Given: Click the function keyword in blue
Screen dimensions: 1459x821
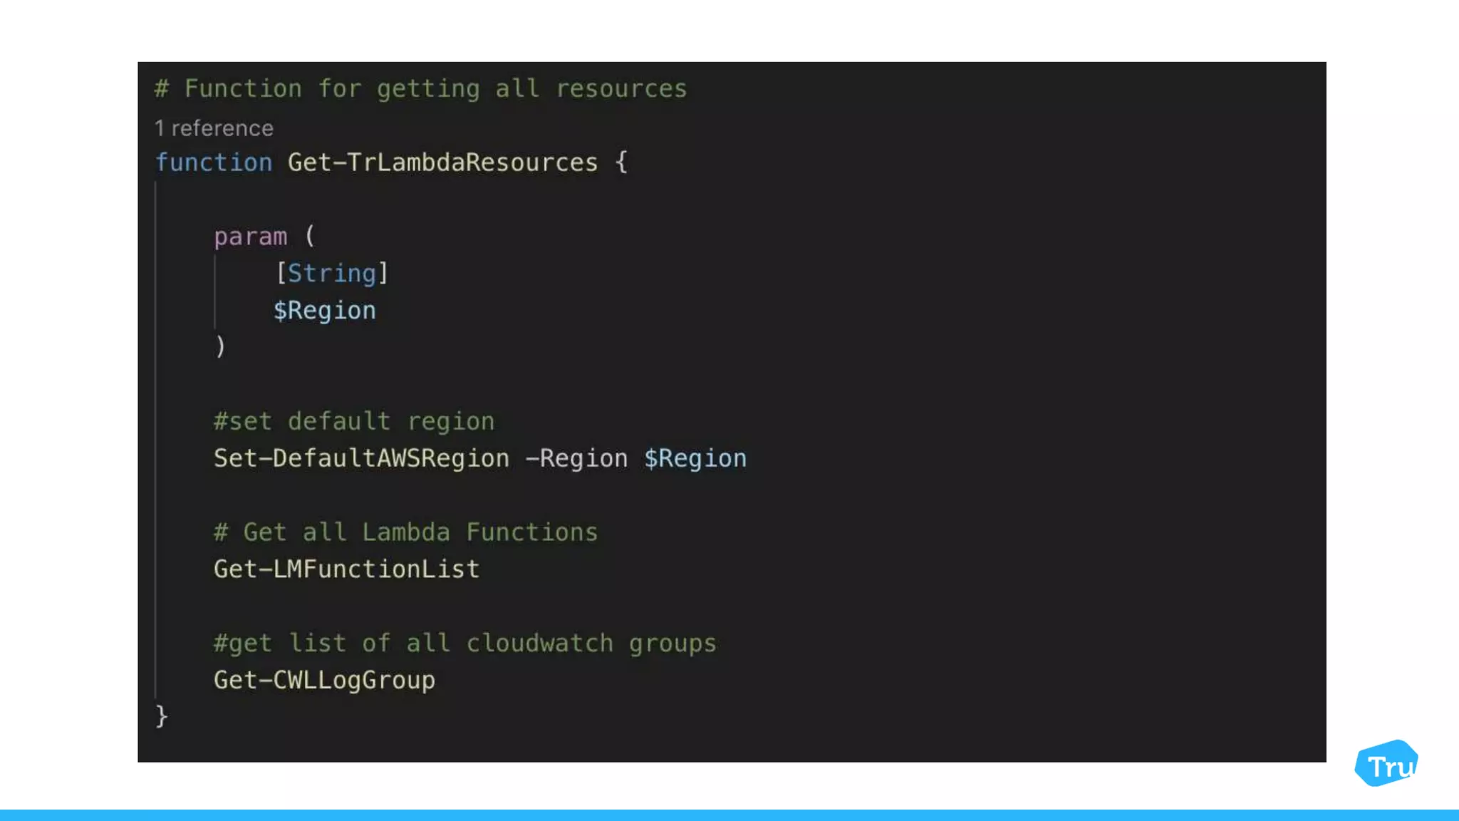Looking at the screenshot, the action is tap(214, 162).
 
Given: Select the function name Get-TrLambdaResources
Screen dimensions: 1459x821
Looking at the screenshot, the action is tap(442, 162).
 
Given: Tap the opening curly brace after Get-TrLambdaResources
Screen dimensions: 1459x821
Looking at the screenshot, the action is tap(621, 162).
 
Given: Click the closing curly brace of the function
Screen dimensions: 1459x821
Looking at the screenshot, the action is tap(162, 716).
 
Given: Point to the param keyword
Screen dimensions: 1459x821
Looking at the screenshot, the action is tap(250, 237).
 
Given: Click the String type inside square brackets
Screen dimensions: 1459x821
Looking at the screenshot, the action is tap(331, 274).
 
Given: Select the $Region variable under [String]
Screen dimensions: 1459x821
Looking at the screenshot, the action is tap(325, 311).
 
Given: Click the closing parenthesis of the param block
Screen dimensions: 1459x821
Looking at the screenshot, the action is tap(220, 347).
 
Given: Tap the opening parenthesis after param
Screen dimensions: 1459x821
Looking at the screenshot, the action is tap(309, 236).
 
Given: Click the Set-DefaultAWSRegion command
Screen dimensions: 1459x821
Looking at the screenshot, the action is tap(361, 458).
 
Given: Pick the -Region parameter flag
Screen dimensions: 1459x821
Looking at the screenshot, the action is tap(576, 458).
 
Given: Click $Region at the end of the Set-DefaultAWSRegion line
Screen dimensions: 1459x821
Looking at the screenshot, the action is tap(695, 458).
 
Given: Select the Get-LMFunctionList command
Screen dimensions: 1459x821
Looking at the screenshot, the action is tap(346, 569).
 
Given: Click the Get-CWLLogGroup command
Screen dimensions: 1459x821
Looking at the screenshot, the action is tap(324, 680).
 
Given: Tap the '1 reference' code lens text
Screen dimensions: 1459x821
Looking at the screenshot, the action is tap(214, 128).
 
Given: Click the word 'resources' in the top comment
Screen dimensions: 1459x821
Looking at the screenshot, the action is tap(621, 89).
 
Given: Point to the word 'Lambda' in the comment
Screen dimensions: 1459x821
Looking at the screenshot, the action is tap(406, 532).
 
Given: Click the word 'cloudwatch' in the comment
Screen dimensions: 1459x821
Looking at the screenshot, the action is tap(539, 643).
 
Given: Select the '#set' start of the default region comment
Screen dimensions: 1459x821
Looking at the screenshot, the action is tap(243, 421).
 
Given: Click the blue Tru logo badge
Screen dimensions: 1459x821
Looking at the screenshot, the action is tap(1386, 763).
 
